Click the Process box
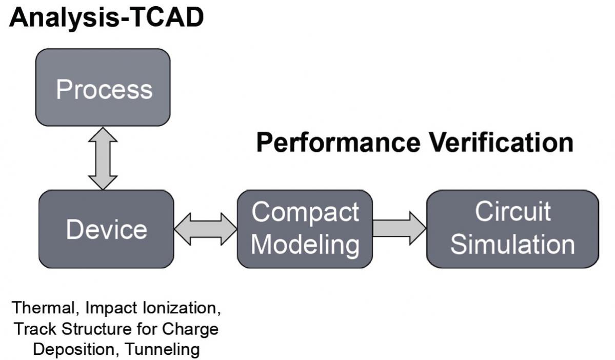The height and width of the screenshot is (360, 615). (103, 88)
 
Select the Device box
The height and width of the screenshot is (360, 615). (106, 229)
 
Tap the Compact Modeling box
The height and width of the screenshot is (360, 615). (305, 229)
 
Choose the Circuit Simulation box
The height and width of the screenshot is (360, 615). (512, 229)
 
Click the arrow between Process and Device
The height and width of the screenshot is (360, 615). (103, 158)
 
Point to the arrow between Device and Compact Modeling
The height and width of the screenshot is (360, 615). (206, 229)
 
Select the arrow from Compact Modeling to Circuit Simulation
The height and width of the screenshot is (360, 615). (399, 228)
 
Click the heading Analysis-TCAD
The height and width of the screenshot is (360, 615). (107, 17)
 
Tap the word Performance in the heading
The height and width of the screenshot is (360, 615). (339, 143)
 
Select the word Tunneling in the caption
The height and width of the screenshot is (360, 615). (163, 349)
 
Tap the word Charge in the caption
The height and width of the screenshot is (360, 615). (190, 329)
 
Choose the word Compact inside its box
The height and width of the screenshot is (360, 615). (305, 212)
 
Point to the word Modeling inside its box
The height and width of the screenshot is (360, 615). (305, 245)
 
